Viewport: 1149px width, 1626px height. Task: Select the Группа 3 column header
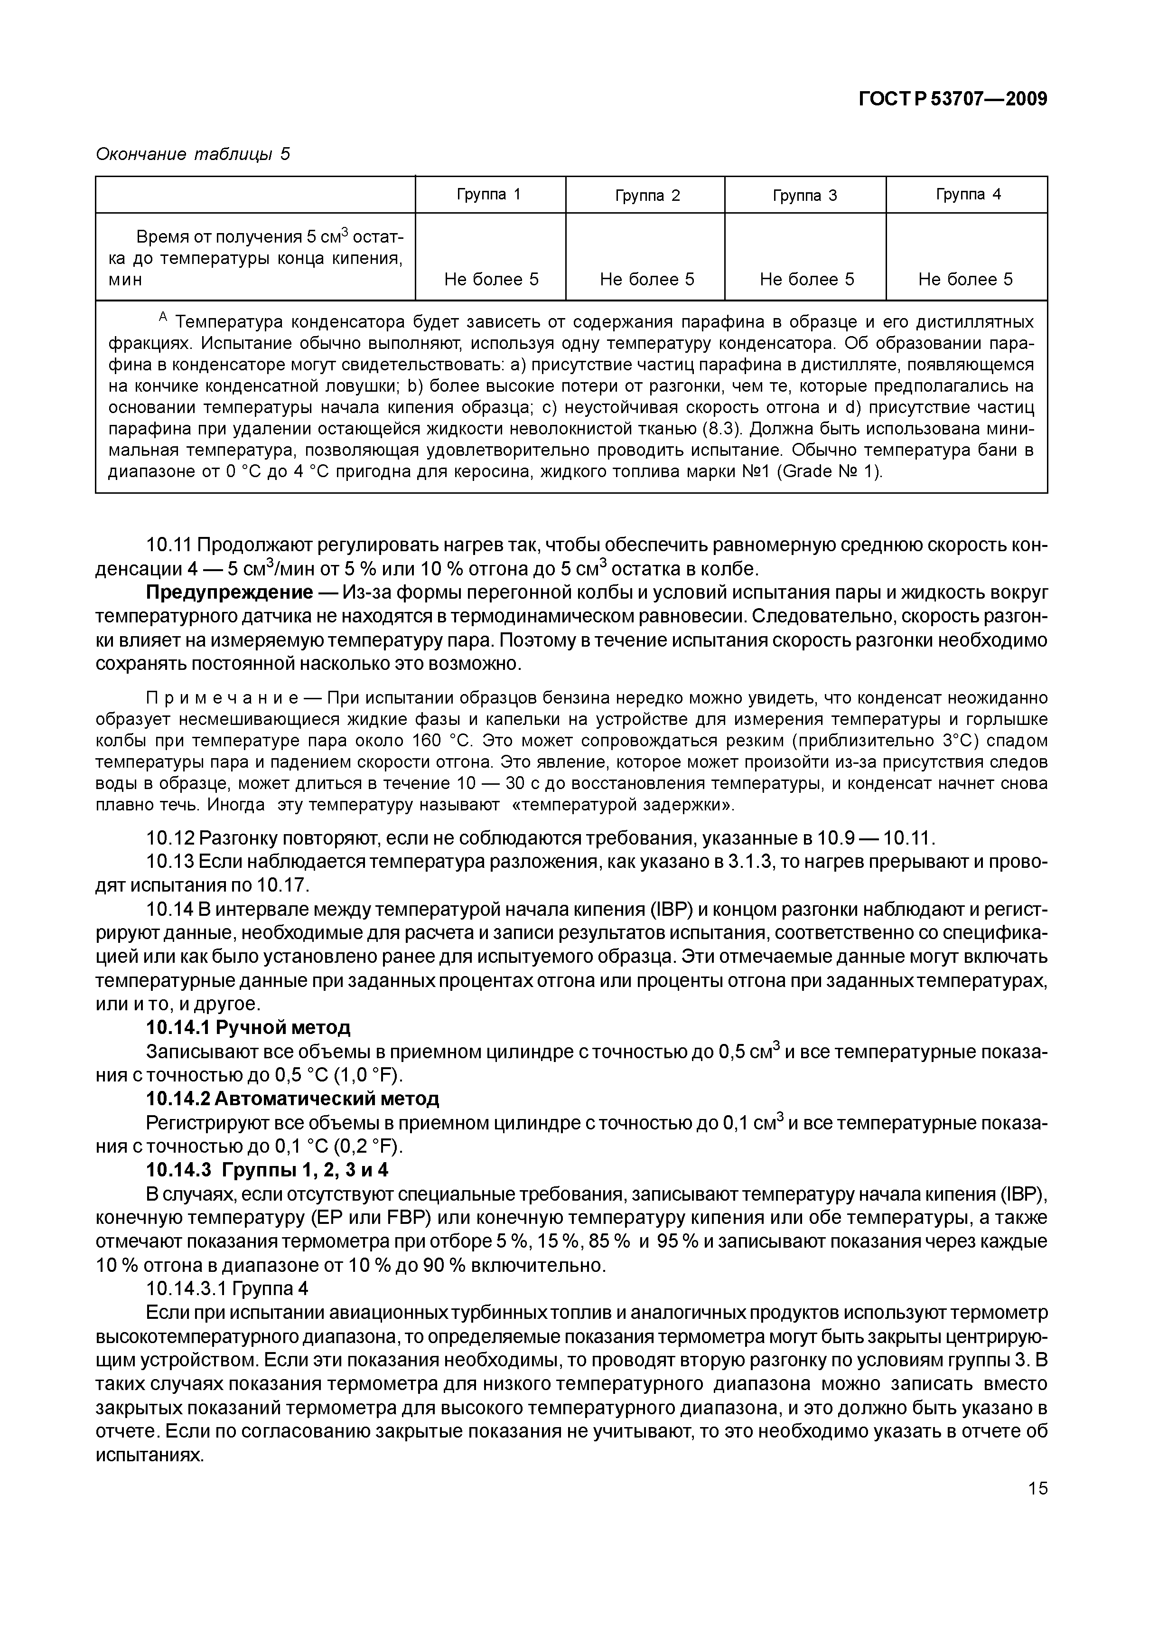pos(804,196)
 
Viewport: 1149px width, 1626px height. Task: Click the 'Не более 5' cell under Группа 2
pos(646,279)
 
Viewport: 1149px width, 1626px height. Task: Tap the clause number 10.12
pos(169,838)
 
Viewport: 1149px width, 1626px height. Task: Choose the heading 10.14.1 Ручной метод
pos(248,1027)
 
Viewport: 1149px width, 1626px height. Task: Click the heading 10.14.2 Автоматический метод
pos(292,1099)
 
